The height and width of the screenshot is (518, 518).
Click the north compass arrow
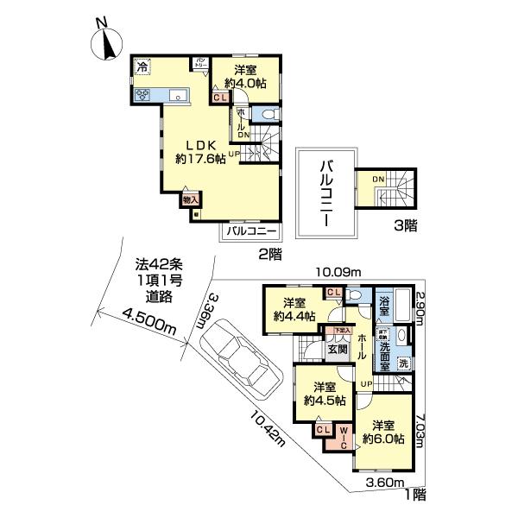pyautogui.click(x=108, y=41)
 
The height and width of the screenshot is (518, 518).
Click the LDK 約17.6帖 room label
pyautogui.click(x=200, y=152)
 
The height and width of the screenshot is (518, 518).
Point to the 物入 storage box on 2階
pyautogui.click(x=189, y=199)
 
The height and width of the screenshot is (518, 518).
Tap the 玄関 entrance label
pyautogui.click(x=337, y=348)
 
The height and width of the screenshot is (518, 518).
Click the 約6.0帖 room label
pyautogui.click(x=383, y=432)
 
